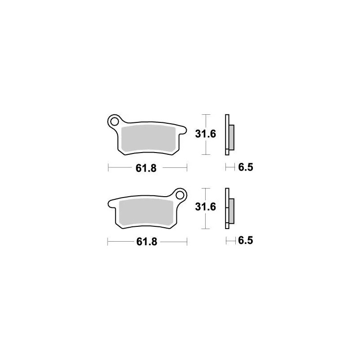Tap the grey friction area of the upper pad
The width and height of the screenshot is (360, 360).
[148, 138]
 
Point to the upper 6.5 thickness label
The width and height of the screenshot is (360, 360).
[246, 168]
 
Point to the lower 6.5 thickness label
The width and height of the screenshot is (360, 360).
[246, 241]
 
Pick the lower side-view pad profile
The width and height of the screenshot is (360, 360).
[228, 208]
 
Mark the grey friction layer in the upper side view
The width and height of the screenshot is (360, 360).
[231, 138]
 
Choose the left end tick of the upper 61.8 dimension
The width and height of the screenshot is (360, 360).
[108, 168]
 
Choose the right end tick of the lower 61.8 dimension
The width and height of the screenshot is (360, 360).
[187, 242]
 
